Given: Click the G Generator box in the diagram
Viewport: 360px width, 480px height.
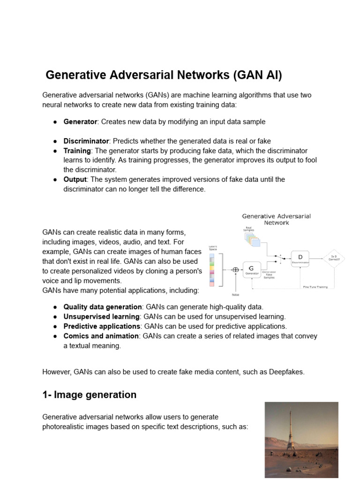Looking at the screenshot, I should pyautogui.click(x=252, y=270).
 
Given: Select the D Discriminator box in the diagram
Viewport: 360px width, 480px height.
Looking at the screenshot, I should pyautogui.click(x=300, y=258).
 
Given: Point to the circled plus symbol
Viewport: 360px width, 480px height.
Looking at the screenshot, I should pyautogui.click(x=235, y=270).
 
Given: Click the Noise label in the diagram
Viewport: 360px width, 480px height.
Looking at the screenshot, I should pyautogui.click(x=235, y=295).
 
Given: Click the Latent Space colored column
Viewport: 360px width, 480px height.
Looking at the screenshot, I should pyautogui.click(x=212, y=270).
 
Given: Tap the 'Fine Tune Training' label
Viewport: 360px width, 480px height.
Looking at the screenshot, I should pyautogui.click(x=315, y=286).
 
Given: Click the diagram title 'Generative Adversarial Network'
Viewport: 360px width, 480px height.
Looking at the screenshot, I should pyautogui.click(x=277, y=219).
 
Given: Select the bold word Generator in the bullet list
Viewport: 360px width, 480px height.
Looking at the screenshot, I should pyautogui.click(x=80, y=122).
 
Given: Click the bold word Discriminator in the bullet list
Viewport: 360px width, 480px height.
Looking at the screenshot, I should pyautogui.click(x=86, y=141).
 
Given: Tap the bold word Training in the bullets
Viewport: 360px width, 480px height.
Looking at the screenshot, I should pyautogui.click(x=77, y=151).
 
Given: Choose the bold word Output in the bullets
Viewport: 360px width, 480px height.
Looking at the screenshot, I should pyautogui.click(x=75, y=180).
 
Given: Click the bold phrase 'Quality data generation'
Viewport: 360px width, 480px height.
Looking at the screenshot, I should pyautogui.click(x=103, y=307).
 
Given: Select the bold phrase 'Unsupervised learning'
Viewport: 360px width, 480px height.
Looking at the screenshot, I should pyautogui.click(x=102, y=317).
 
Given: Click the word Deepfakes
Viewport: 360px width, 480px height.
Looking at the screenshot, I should pyautogui.click(x=286, y=372).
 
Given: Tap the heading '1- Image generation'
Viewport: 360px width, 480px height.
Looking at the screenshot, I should pyautogui.click(x=89, y=395).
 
